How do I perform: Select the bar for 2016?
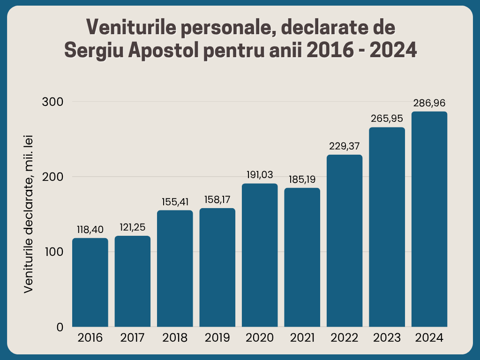click(90, 282)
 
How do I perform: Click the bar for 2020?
click(260, 255)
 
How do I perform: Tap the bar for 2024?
click(429, 219)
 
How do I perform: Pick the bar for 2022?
click(345, 240)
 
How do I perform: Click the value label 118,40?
click(90, 230)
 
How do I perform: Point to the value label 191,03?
click(260, 175)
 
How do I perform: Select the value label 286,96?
click(429, 103)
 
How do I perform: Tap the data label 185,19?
click(302, 179)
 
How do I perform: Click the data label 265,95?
click(387, 119)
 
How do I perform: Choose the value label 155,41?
click(175, 202)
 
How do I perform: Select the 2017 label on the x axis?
click(133, 338)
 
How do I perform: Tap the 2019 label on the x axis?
click(217, 338)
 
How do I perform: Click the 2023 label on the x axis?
click(387, 338)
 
